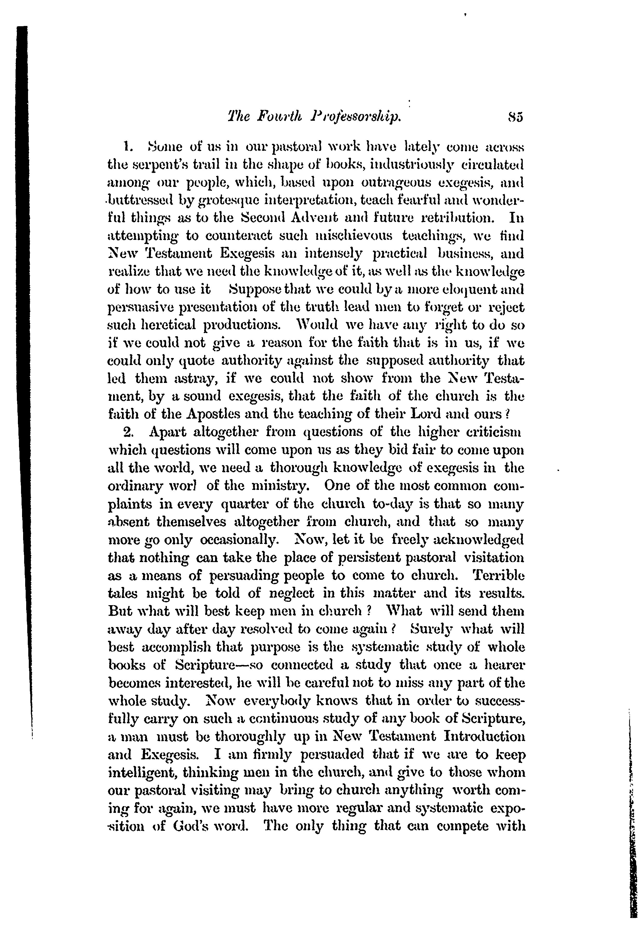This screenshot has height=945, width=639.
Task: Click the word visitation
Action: pos(493,557)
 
